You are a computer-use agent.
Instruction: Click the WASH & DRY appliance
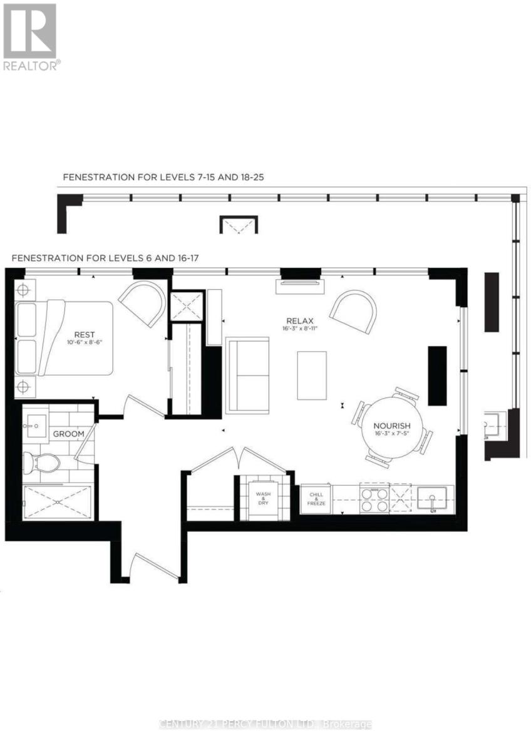click(x=262, y=498)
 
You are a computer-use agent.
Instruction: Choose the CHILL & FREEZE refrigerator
click(x=316, y=498)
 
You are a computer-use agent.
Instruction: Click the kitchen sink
click(x=434, y=499)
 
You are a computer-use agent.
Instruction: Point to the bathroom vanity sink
click(x=33, y=427)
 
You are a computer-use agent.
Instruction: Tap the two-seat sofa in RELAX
click(x=247, y=375)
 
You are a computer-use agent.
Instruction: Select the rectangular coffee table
click(x=312, y=375)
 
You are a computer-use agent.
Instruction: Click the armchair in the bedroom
click(x=143, y=302)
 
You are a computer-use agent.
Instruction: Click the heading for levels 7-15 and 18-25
click(x=163, y=177)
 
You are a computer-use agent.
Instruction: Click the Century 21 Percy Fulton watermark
click(x=265, y=724)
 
